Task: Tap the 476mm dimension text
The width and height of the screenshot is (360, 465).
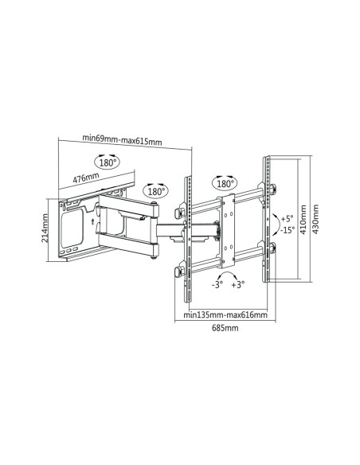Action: (x=86, y=178)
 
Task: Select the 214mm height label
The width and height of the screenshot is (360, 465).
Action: (x=45, y=228)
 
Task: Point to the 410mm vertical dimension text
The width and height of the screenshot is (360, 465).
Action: (x=303, y=220)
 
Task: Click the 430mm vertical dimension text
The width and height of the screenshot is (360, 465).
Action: (x=315, y=219)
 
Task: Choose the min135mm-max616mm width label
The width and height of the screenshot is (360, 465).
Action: (x=225, y=315)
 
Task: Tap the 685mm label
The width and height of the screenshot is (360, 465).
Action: (x=225, y=328)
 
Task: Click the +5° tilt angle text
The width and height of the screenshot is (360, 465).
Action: (x=287, y=218)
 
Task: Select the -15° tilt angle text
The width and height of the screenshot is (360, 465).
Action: (x=287, y=230)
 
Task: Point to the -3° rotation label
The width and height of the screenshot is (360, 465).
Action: (x=217, y=285)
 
